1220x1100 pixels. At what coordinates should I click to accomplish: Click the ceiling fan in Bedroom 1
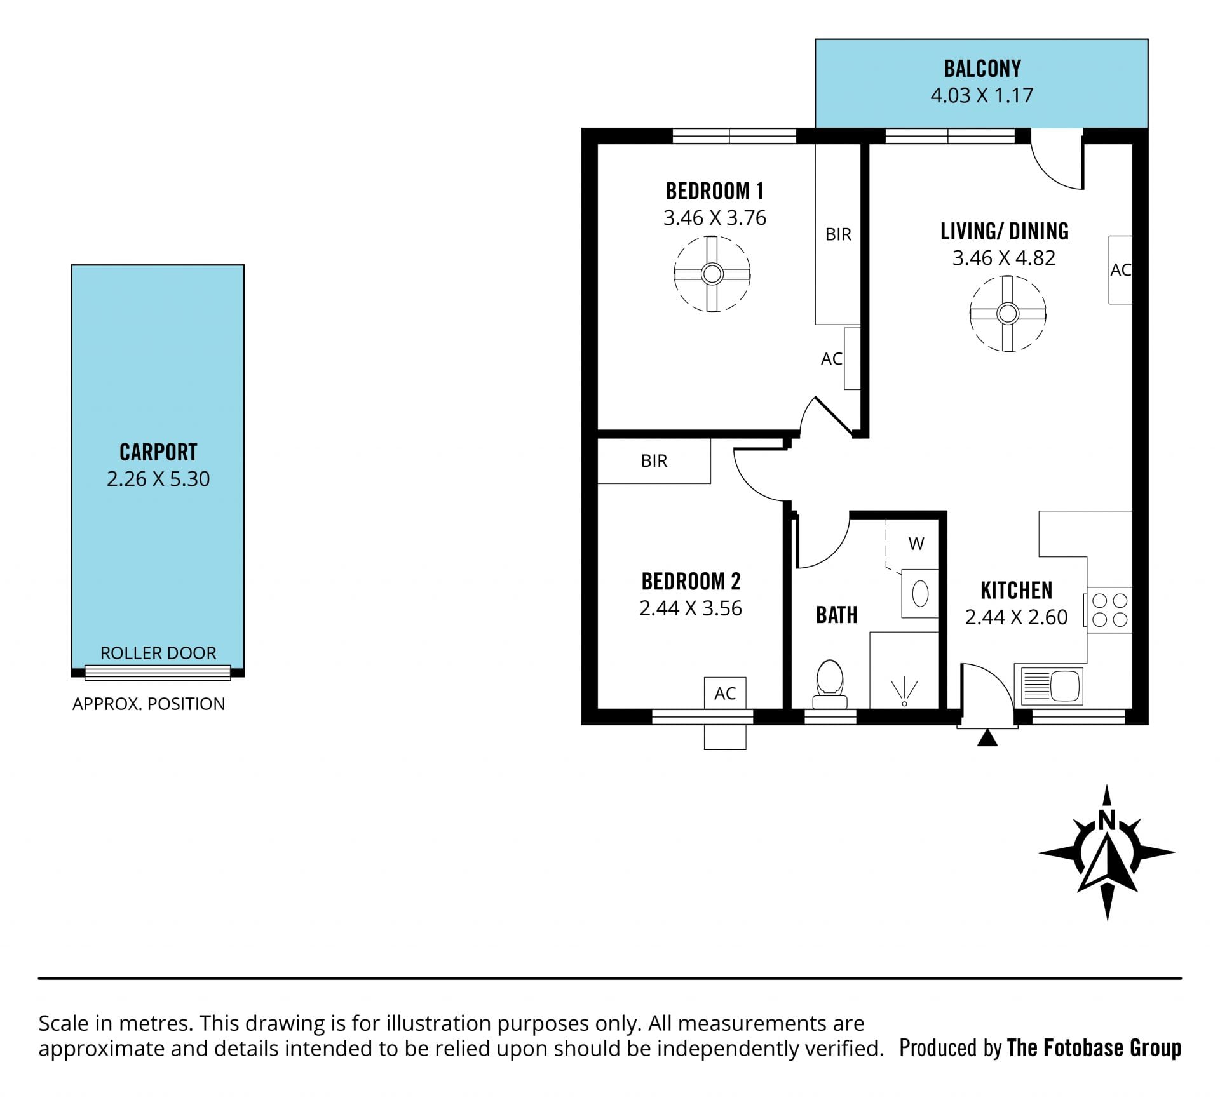coord(712,274)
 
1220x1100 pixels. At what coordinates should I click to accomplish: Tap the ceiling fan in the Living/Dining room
coord(1008,313)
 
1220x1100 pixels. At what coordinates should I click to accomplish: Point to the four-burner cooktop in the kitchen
coord(1109,610)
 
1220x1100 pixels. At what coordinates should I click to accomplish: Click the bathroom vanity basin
coord(919,594)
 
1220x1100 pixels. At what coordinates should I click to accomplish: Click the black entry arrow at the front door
coord(987,738)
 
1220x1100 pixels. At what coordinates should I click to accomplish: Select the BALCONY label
coord(982,69)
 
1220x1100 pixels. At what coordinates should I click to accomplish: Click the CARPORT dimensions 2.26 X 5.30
coord(158,479)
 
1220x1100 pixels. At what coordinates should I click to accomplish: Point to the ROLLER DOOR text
coord(158,653)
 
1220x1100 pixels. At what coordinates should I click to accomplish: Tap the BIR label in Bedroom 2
coord(654,461)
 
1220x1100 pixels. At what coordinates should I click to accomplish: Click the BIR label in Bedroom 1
coord(838,235)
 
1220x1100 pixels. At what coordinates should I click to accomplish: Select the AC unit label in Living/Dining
coord(1120,271)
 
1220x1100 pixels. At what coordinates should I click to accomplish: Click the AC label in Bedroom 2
coord(725,694)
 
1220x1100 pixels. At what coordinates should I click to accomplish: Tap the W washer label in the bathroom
coord(916,544)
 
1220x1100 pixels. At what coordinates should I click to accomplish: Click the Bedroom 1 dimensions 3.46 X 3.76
coord(715,218)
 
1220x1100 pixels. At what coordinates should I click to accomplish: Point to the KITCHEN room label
coord(1017,591)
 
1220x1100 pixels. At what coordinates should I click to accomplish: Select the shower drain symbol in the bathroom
coord(904,692)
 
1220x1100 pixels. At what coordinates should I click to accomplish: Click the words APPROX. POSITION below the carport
coord(149,704)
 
